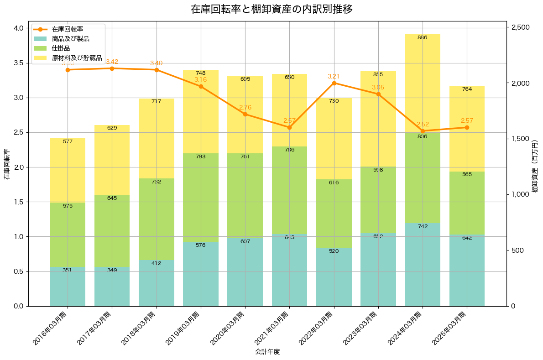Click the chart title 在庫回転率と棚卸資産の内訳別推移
271,9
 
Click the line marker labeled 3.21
334,83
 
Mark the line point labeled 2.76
245,114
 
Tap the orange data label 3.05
378,87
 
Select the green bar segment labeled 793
201,198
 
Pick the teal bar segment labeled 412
157,283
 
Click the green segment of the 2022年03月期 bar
334,214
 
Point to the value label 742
423,226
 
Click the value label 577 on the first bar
68,141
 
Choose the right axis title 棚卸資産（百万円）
535,167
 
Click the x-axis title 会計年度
267,352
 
